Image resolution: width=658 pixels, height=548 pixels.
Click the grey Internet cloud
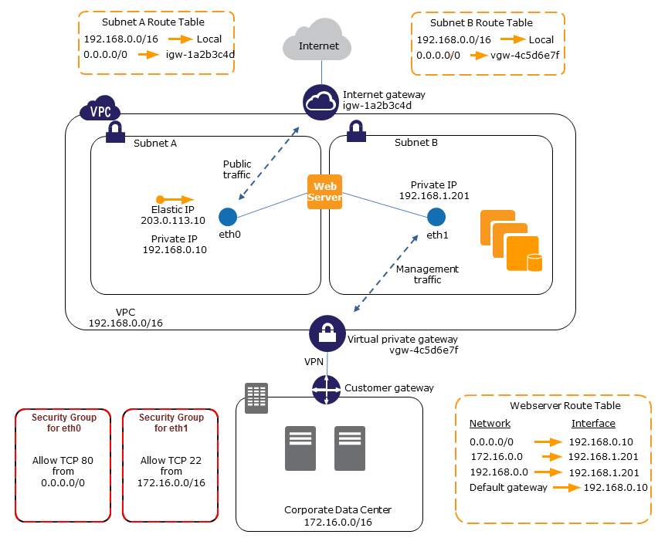pos(319,44)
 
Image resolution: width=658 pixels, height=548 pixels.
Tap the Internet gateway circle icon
pos(321,102)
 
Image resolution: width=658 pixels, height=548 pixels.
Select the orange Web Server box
pos(325,191)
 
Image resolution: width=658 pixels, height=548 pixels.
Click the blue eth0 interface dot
pos(227,217)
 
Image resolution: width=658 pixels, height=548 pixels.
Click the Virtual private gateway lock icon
pos(327,333)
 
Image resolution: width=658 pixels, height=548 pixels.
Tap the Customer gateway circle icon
pos(327,389)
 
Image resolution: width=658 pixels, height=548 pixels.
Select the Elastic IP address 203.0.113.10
pos(174,221)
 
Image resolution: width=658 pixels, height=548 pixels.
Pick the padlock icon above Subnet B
pos(357,132)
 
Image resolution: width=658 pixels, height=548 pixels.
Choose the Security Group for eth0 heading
pos(63,422)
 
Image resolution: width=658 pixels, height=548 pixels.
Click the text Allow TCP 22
pos(171,461)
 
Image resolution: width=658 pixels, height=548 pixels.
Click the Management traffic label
pos(427,274)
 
